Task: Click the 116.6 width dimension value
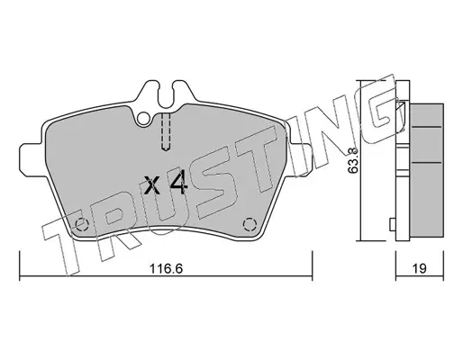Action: [x=166, y=268]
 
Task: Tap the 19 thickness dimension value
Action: [x=419, y=268]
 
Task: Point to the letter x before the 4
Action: [x=151, y=185]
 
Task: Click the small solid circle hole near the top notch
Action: [x=143, y=119]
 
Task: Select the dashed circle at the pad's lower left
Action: [x=81, y=224]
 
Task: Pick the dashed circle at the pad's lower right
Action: [x=250, y=224]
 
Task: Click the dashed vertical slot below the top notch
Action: [x=166, y=131]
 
